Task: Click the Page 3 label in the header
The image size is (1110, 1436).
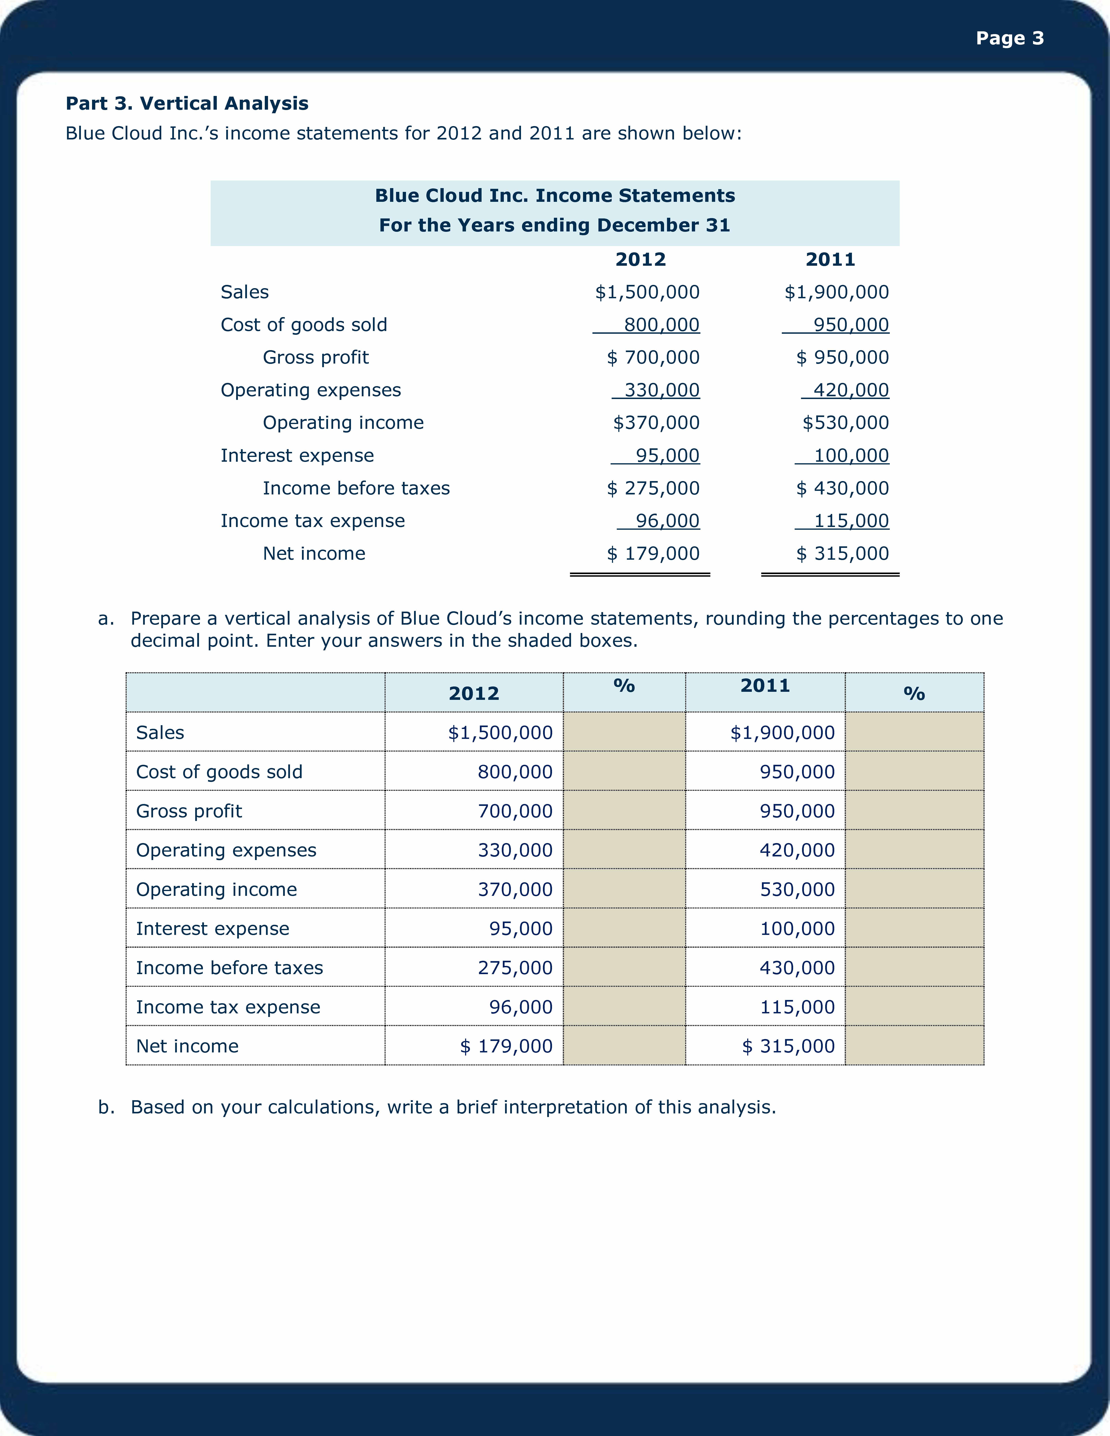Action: click(x=1009, y=38)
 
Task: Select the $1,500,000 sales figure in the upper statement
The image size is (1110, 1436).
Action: click(x=647, y=292)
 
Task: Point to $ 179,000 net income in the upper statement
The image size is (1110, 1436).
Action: click(x=653, y=554)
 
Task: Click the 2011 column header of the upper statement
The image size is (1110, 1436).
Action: click(x=830, y=260)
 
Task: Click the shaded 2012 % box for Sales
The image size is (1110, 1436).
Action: click(x=624, y=732)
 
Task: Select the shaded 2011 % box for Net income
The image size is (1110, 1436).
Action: click(x=914, y=1045)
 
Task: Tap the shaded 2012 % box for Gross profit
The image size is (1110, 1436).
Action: click(x=624, y=810)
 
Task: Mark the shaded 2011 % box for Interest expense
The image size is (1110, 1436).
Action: click(x=914, y=928)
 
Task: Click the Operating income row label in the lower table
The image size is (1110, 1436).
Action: click(x=216, y=889)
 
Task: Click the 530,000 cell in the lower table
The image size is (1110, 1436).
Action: click(x=797, y=889)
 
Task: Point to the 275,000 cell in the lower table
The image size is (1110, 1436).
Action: click(x=515, y=967)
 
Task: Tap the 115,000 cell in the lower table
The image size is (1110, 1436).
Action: click(x=797, y=1007)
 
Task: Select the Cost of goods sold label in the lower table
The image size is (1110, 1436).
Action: click(x=219, y=771)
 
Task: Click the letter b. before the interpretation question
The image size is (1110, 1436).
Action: click(x=106, y=1107)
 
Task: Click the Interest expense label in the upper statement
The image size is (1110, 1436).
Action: click(x=297, y=456)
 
